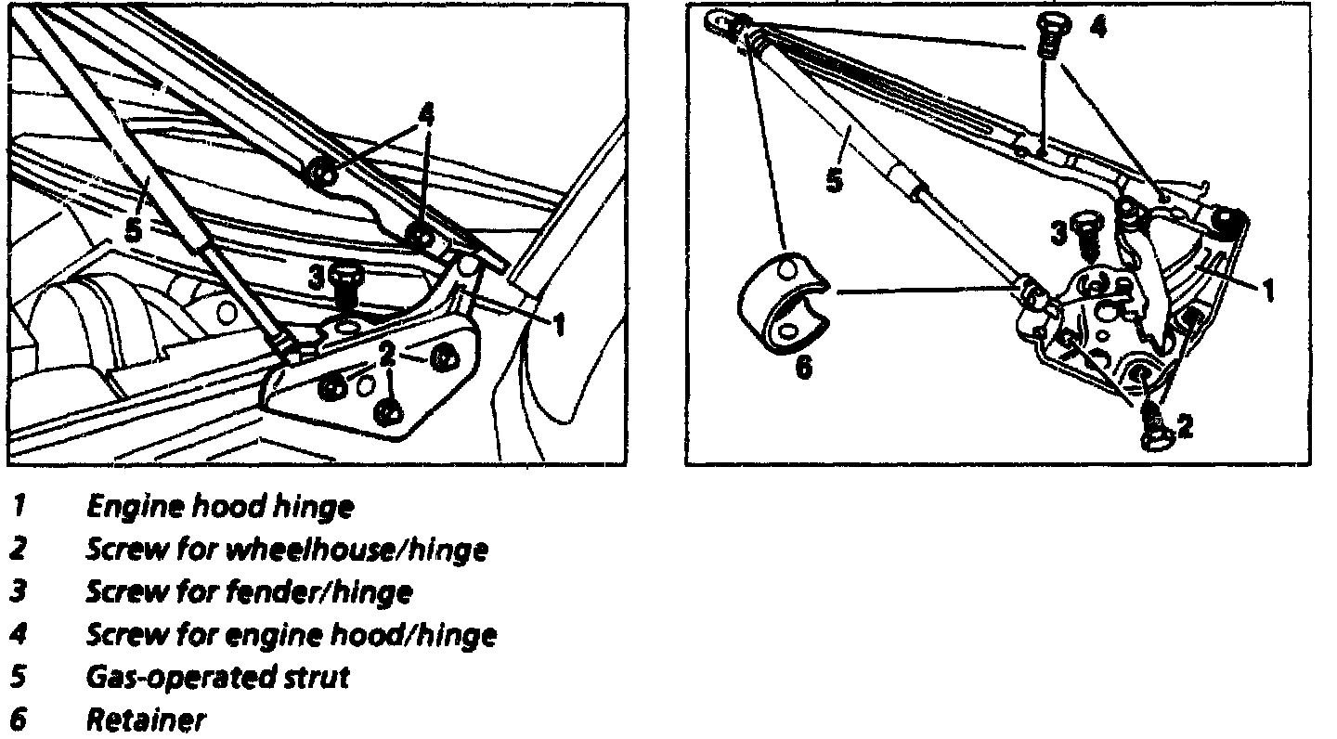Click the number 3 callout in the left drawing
317,276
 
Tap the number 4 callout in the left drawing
425,116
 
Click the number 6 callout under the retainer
804,368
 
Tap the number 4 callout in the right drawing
1098,27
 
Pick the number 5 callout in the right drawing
835,179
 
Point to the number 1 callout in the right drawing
1266,292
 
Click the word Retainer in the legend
146,720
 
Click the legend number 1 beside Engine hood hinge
19,507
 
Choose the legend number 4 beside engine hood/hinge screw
19,634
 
